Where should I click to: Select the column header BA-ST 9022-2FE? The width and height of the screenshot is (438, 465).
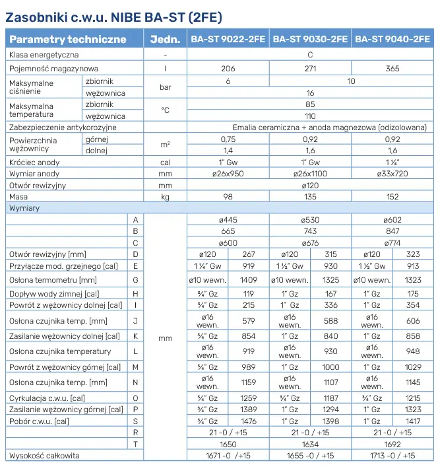coord(228,39)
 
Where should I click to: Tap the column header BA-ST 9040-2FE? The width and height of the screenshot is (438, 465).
coord(392,39)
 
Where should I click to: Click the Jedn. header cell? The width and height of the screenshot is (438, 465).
coord(166,39)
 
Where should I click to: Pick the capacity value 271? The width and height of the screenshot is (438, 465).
coord(310,69)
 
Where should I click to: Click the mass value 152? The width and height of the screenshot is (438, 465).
coord(392,197)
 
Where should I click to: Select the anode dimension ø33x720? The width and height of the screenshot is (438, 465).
coord(392,174)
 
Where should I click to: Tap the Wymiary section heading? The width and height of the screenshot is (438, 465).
coord(24,209)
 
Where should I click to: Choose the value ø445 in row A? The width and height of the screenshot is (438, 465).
coord(228,220)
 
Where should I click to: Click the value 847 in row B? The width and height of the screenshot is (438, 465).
coord(392,231)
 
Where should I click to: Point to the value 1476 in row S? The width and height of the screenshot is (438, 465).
coord(249,421)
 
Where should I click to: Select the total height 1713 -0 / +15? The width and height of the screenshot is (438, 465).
coord(392,456)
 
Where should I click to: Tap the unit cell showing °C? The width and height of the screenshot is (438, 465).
coord(166,110)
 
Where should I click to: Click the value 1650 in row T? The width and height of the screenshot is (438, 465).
coord(228,445)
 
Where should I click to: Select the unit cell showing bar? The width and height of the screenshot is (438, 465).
coord(166,87)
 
